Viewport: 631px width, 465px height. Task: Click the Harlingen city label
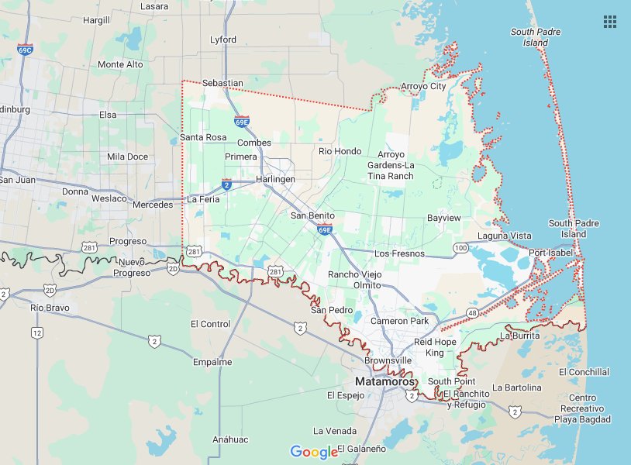coord(276,179)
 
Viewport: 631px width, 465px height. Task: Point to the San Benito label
coord(312,215)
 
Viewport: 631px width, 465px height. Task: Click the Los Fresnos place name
coord(399,253)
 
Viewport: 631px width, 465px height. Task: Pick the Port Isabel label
coord(550,253)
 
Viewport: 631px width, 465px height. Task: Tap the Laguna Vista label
coord(505,236)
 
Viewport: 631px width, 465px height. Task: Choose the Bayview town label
coord(444,218)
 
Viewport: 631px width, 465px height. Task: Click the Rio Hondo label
coord(340,151)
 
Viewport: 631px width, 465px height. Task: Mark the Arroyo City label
coord(423,86)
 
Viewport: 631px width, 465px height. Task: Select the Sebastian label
coord(222,83)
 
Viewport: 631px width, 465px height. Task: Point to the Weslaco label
coord(109,198)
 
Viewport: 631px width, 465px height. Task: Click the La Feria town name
coord(204,199)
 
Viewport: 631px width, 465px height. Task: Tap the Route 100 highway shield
coord(461,247)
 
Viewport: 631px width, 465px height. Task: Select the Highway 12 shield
coord(36,332)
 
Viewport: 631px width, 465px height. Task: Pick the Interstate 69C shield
coord(25,49)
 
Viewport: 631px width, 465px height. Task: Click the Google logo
coord(315,451)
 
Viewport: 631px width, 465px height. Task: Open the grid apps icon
coord(610,22)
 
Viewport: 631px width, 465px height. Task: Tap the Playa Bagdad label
coord(582,419)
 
